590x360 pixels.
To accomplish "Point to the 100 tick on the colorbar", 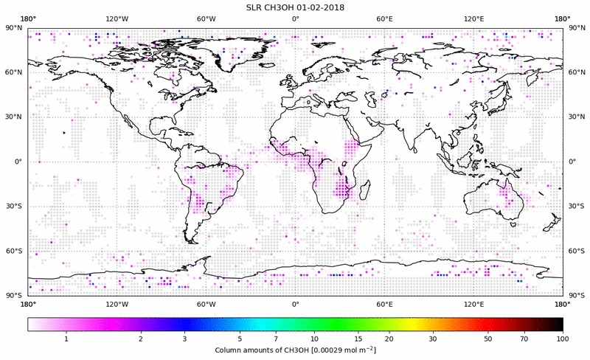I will [x=562, y=339].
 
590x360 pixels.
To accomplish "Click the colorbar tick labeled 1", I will [x=66, y=339].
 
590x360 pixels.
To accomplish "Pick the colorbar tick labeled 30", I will [x=434, y=339].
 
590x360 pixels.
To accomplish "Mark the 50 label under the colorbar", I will [x=488, y=339].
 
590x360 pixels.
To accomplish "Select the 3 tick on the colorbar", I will [x=184, y=339].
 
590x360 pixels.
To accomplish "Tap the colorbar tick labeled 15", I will [x=358, y=339].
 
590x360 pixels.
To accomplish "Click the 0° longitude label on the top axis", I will [x=295, y=18].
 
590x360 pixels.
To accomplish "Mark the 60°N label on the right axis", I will [x=575, y=72].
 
